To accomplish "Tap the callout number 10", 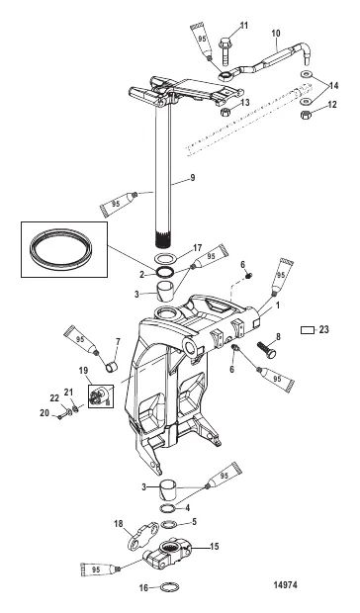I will tap(274, 33).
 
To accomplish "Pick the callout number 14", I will tap(333, 85).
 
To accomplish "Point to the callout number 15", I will tap(215, 545).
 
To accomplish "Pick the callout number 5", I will tap(193, 521).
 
